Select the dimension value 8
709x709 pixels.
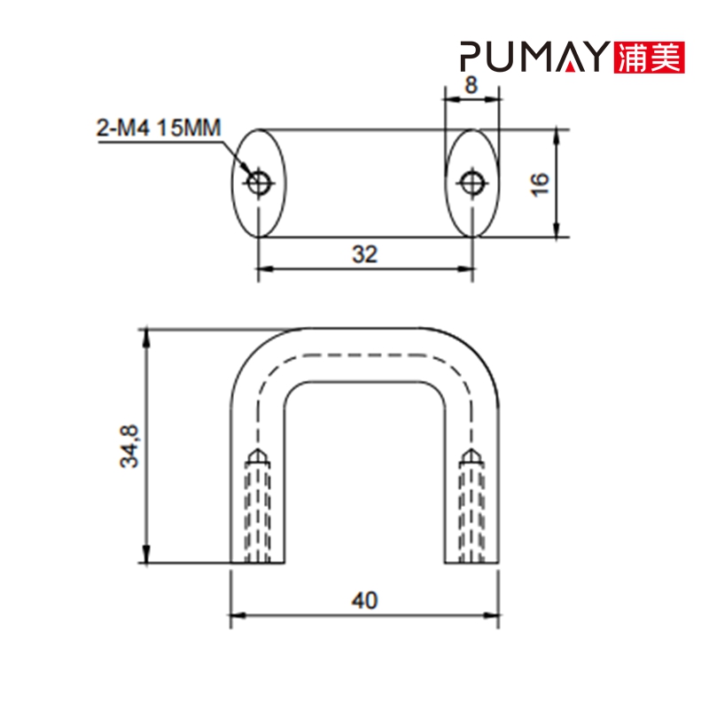(x=471, y=86)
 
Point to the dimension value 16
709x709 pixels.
(x=541, y=184)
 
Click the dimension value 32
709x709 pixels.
(x=364, y=254)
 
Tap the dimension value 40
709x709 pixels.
(x=364, y=600)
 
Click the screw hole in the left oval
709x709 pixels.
(x=259, y=184)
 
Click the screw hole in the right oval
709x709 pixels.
(x=471, y=184)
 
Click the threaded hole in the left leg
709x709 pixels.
(x=257, y=510)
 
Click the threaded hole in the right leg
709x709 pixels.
(x=471, y=510)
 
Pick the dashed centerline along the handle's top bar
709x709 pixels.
(x=364, y=355)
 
